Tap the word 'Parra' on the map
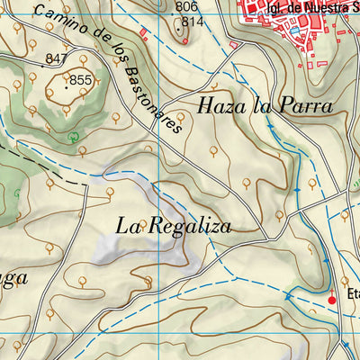coord(306,105)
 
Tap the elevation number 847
coord(57,58)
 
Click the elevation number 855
coord(81,80)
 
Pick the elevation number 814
coord(191,22)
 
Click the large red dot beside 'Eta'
coord(331,299)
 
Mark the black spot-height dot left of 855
coord(66,86)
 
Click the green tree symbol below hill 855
coord(72,137)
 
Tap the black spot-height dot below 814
coord(178,39)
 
